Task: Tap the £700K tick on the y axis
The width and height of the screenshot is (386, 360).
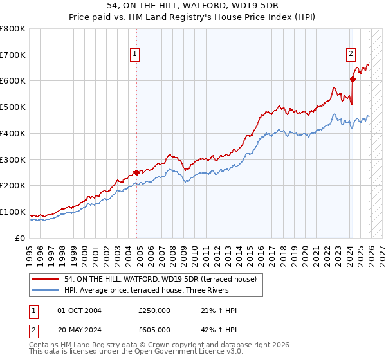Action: [x=13, y=55]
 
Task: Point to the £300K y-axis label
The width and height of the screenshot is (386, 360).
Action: [x=13, y=159]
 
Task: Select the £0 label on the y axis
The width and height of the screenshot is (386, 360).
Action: [x=21, y=238]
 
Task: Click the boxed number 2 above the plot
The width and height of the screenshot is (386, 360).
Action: [x=352, y=55]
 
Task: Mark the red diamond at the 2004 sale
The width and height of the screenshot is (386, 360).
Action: [x=136, y=172]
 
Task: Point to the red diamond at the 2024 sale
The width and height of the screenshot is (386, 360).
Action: [x=353, y=79]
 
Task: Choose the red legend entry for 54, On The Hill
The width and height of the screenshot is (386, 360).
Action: [x=160, y=278]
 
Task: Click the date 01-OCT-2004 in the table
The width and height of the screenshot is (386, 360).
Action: [x=79, y=310]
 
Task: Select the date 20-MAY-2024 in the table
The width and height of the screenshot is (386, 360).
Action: [x=79, y=330]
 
